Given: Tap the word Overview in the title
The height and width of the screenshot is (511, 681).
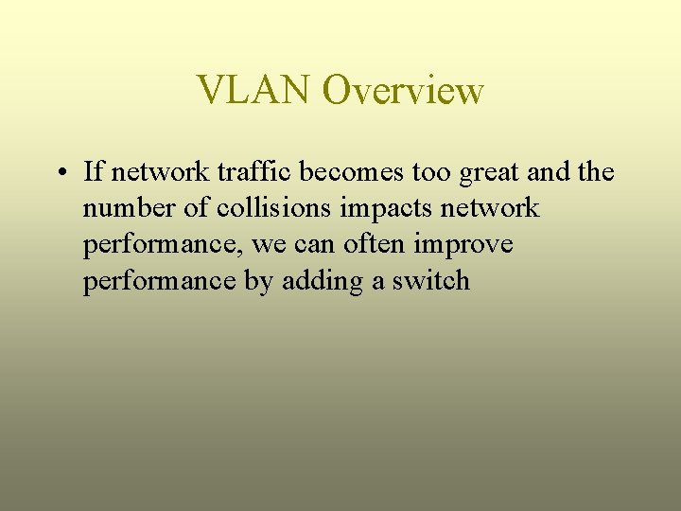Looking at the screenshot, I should point(403,90).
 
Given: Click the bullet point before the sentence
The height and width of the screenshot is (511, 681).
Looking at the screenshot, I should point(60,174).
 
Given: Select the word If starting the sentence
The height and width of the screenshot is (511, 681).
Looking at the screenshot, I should point(92,172).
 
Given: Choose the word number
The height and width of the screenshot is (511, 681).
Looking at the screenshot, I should point(128,208).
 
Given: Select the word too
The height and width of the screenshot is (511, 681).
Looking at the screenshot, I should point(431,172).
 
